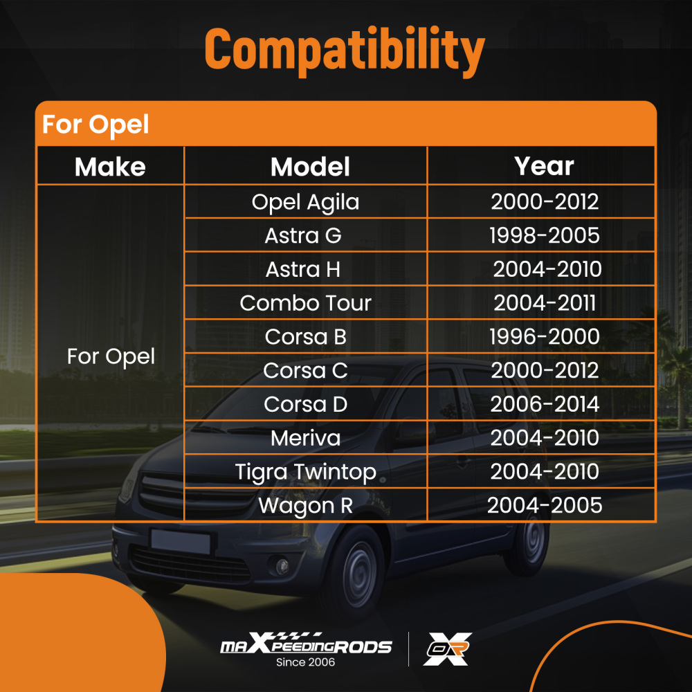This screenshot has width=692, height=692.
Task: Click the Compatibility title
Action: pyautogui.click(x=345, y=51)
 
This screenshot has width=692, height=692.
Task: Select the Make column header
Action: pyautogui.click(x=110, y=167)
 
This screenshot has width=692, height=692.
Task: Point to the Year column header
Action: pyautogui.click(x=544, y=166)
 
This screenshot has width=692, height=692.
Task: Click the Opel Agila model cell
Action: pyautogui.click(x=305, y=202)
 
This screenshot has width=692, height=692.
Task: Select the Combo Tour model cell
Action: pyautogui.click(x=305, y=303)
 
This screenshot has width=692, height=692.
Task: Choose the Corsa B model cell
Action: pyautogui.click(x=305, y=337)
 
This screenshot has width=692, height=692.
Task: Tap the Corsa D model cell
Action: pyautogui.click(x=305, y=404)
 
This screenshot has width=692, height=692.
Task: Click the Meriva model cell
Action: pyautogui.click(x=305, y=438)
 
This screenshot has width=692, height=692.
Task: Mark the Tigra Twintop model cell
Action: pyautogui.click(x=305, y=472)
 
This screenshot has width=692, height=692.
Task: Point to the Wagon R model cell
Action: pyautogui.click(x=305, y=506)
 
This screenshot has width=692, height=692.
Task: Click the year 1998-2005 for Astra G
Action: pyautogui.click(x=544, y=235)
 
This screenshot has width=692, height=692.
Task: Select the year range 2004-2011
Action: pyautogui.click(x=544, y=303)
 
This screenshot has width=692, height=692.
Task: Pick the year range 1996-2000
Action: pyautogui.click(x=544, y=337)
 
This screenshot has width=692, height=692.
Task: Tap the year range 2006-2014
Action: pyautogui.click(x=544, y=404)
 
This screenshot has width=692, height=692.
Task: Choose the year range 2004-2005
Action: pyautogui.click(x=544, y=506)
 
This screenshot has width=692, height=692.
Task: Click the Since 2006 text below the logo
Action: pyautogui.click(x=305, y=662)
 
